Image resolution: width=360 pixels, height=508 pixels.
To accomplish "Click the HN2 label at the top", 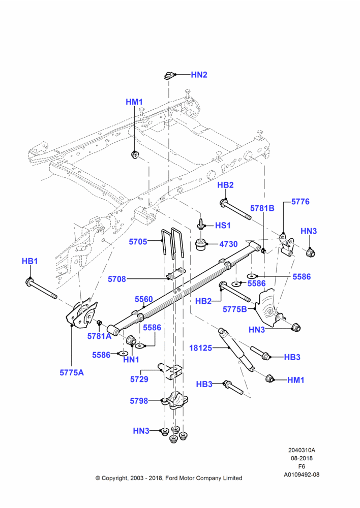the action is tap(199, 75).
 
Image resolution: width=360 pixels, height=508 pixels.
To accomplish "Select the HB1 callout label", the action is tap(30, 261).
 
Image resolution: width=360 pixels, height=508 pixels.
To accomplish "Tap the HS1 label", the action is tap(223, 226).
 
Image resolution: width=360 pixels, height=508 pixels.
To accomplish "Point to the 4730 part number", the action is tap(228, 244).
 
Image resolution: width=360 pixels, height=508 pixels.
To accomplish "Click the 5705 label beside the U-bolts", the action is tap(138, 242).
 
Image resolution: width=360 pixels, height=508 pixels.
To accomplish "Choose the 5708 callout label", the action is tap(117, 279).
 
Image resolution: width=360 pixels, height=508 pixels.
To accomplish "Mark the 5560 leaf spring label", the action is tap(144, 299).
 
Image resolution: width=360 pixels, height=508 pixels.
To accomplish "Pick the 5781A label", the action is tap(99, 336).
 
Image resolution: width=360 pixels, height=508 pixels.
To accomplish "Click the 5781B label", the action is tap(262, 208).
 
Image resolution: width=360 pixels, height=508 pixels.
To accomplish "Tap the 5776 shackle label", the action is tap(301, 202).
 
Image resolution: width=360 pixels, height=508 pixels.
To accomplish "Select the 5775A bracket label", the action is tap(72, 372).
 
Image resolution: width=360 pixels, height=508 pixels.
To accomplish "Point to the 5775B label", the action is tap(235, 309).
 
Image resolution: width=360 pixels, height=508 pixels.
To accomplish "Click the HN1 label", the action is tap(131, 360).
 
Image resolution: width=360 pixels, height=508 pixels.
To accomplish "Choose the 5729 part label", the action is tap(139, 379).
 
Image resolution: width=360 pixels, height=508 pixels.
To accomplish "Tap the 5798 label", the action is tap(139, 401).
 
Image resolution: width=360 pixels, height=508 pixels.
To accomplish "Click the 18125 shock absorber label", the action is tap(200, 348).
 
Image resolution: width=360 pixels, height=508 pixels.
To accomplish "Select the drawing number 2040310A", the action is tap(302, 450).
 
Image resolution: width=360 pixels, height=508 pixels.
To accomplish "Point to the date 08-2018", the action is tap(302, 458).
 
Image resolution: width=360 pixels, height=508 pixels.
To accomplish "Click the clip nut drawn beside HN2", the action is tap(168, 76).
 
